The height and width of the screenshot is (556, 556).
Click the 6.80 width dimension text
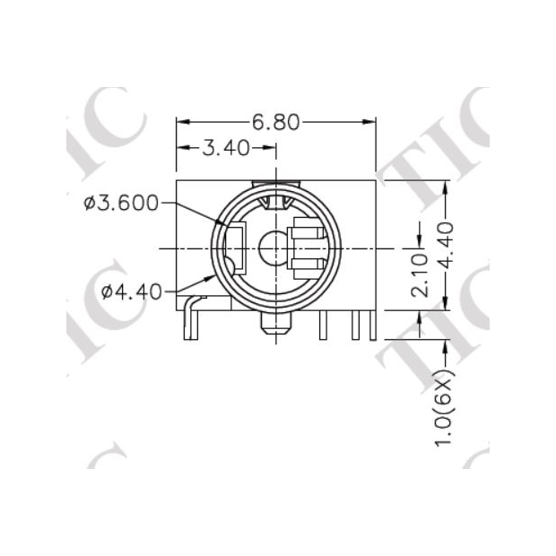[275, 122]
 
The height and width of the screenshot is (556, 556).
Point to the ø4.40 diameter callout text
[131, 291]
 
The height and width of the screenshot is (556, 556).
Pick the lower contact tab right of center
[306, 262]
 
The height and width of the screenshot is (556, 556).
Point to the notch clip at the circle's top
[275, 200]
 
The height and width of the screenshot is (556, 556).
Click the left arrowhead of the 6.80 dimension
[180, 122]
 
